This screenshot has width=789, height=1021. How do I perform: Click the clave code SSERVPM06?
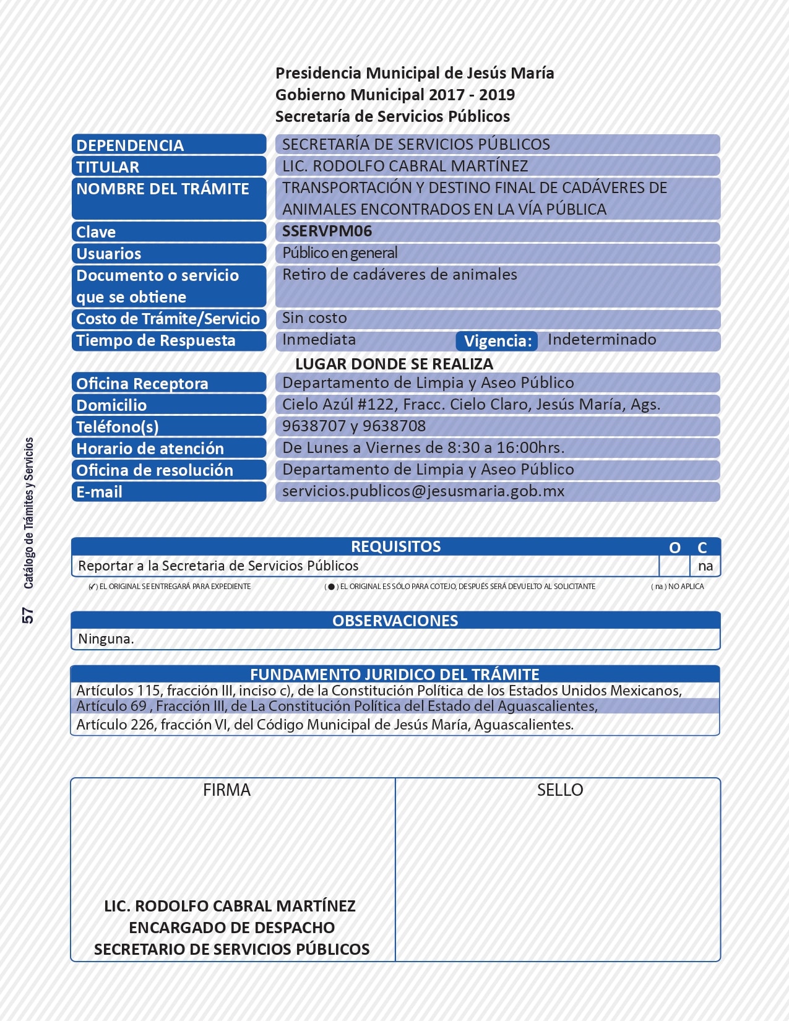[x=327, y=231]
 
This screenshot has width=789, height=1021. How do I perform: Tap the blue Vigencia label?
[x=498, y=341]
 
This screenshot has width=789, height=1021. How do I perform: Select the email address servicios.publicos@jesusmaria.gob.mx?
[x=423, y=491]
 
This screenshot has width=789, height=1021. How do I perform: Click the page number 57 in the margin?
[x=28, y=615]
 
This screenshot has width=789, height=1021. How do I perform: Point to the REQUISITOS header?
[x=395, y=546]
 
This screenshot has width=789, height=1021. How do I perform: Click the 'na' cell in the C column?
[x=705, y=566]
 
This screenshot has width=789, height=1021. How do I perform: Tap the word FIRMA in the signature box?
[x=226, y=790]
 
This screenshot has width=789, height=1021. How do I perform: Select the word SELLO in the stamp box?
[x=559, y=790]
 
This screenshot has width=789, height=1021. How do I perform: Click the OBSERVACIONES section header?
[x=395, y=621]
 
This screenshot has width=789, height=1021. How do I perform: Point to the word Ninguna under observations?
[x=106, y=639]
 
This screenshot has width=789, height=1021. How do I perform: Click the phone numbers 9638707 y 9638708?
[x=354, y=426]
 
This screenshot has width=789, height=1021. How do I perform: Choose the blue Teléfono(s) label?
[x=118, y=427]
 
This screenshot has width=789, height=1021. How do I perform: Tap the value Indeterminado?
[x=601, y=340]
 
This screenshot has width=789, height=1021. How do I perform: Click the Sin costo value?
[x=314, y=318]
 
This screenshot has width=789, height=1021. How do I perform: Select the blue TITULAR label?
[x=108, y=167]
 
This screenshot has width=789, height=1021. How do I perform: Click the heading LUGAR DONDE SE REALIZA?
[x=394, y=364]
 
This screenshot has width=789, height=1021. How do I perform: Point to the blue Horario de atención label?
[x=150, y=449]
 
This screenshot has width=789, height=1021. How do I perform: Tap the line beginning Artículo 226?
[x=325, y=725]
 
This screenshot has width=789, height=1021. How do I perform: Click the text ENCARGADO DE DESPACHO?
[x=231, y=928]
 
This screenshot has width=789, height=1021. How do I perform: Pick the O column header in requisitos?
[x=675, y=548]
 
